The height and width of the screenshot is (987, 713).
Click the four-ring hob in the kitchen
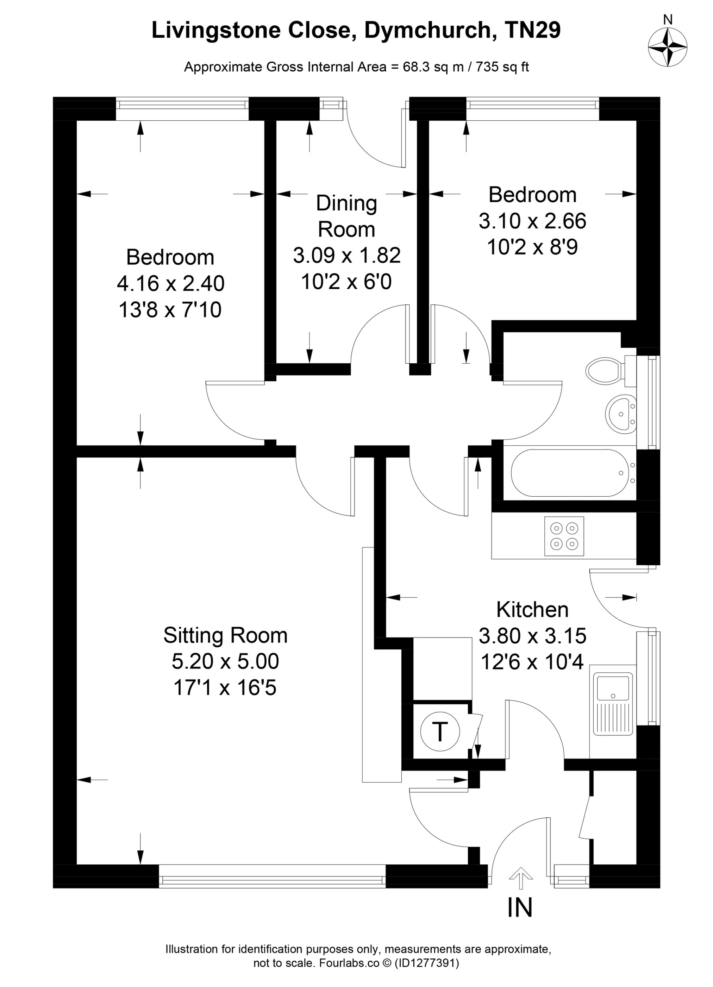[x=564, y=536]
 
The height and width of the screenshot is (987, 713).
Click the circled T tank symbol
[x=440, y=731]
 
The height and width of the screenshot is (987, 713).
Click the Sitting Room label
[x=225, y=635]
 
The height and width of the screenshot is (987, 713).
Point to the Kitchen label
[x=532, y=610]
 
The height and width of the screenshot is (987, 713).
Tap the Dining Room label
[x=346, y=216]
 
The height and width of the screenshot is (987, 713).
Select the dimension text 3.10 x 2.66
[x=532, y=221]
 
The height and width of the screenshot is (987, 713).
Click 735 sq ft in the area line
[x=502, y=67]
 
